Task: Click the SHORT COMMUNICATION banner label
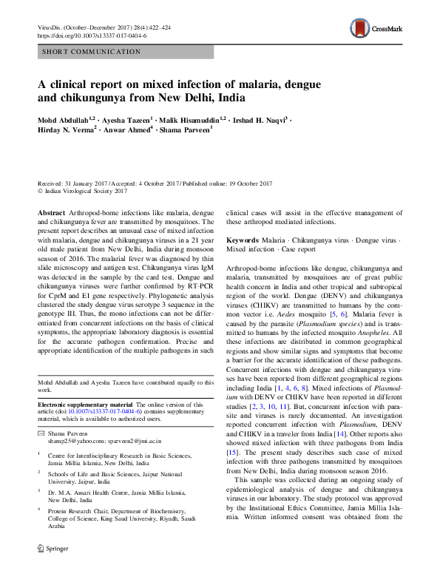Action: tap(92, 53)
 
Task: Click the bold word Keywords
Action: tap(243, 241)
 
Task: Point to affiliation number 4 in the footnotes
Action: tap(39, 510)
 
